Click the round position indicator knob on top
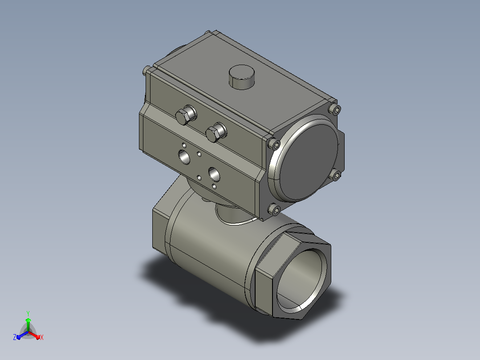click(x=241, y=77)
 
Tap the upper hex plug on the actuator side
click(x=186, y=115)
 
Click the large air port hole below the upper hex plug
click(x=184, y=157)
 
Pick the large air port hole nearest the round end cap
click(x=214, y=174)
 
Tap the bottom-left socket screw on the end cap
click(x=274, y=209)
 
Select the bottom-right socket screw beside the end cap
click(x=336, y=175)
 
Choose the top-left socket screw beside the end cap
click(x=274, y=143)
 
